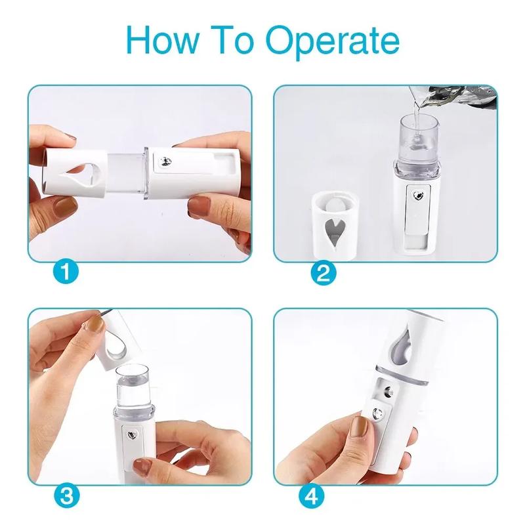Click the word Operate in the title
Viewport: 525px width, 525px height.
pos(336,41)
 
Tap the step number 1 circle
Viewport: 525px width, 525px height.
pos(67,271)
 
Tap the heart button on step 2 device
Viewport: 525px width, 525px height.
pos(417,196)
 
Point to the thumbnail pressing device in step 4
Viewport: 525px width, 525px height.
pos(358,430)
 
